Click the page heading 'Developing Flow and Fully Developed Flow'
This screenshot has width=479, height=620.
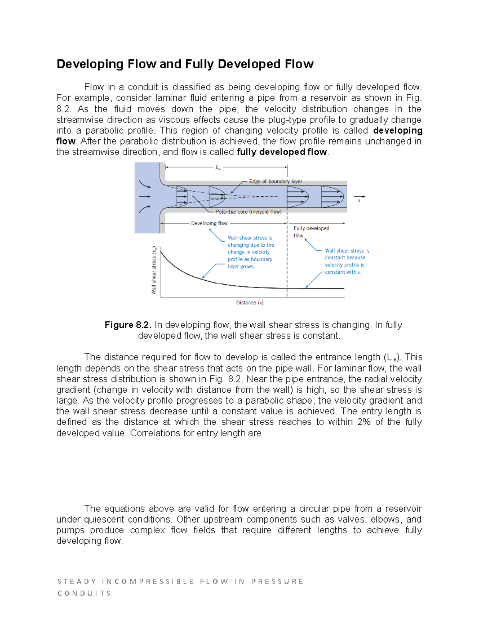tap(185, 64)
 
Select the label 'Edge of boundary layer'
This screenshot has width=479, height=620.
tap(275, 181)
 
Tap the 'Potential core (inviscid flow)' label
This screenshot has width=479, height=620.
tap(248, 212)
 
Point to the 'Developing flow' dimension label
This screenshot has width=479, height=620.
tap(209, 223)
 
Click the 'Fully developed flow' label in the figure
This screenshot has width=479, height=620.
tap(311, 232)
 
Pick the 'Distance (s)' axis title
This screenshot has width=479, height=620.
tap(249, 303)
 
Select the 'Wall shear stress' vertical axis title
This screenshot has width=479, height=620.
tap(154, 271)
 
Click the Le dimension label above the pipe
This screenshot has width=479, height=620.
tap(218, 168)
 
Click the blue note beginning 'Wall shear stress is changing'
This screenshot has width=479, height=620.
tap(251, 252)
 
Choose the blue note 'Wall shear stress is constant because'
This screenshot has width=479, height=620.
tap(346, 261)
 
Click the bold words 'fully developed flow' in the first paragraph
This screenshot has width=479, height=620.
tap(282, 152)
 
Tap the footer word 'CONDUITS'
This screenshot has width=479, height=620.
tap(84, 593)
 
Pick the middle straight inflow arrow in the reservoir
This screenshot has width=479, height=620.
tap(144, 196)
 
